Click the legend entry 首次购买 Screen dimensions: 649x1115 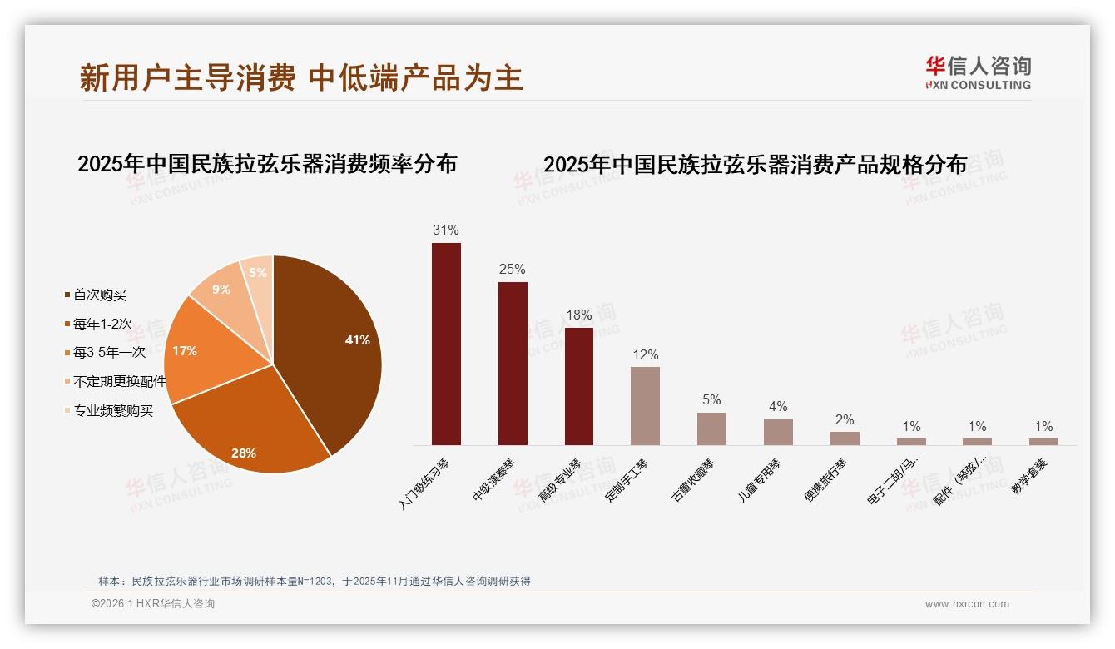[x=99, y=295]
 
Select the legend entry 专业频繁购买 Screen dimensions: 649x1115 [x=112, y=411]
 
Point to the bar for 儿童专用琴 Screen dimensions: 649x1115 [x=778, y=432]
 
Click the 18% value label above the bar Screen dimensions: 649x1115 [x=578, y=315]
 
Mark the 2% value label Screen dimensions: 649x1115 [x=845, y=420]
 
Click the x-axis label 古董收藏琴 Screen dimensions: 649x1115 [x=692, y=480]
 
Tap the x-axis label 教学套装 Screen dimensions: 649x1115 [x=1028, y=478]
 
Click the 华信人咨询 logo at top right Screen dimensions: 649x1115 [x=978, y=72]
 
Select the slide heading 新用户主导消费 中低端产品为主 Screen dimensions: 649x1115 [x=301, y=77]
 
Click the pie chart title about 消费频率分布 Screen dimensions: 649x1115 [x=267, y=164]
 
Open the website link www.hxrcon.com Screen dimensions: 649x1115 [x=967, y=604]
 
